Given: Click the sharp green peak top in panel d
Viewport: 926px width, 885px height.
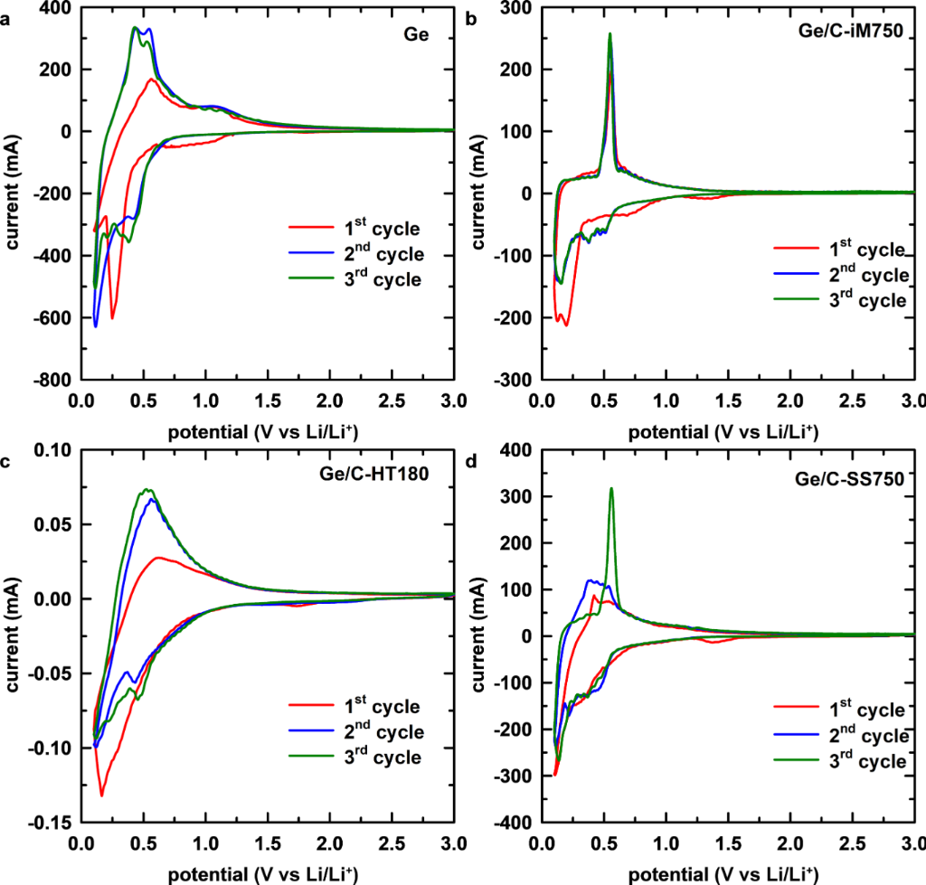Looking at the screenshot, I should (611, 489).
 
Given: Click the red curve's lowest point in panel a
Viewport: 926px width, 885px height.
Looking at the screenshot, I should (112, 317).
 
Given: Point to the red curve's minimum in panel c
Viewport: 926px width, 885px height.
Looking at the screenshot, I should (102, 795).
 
